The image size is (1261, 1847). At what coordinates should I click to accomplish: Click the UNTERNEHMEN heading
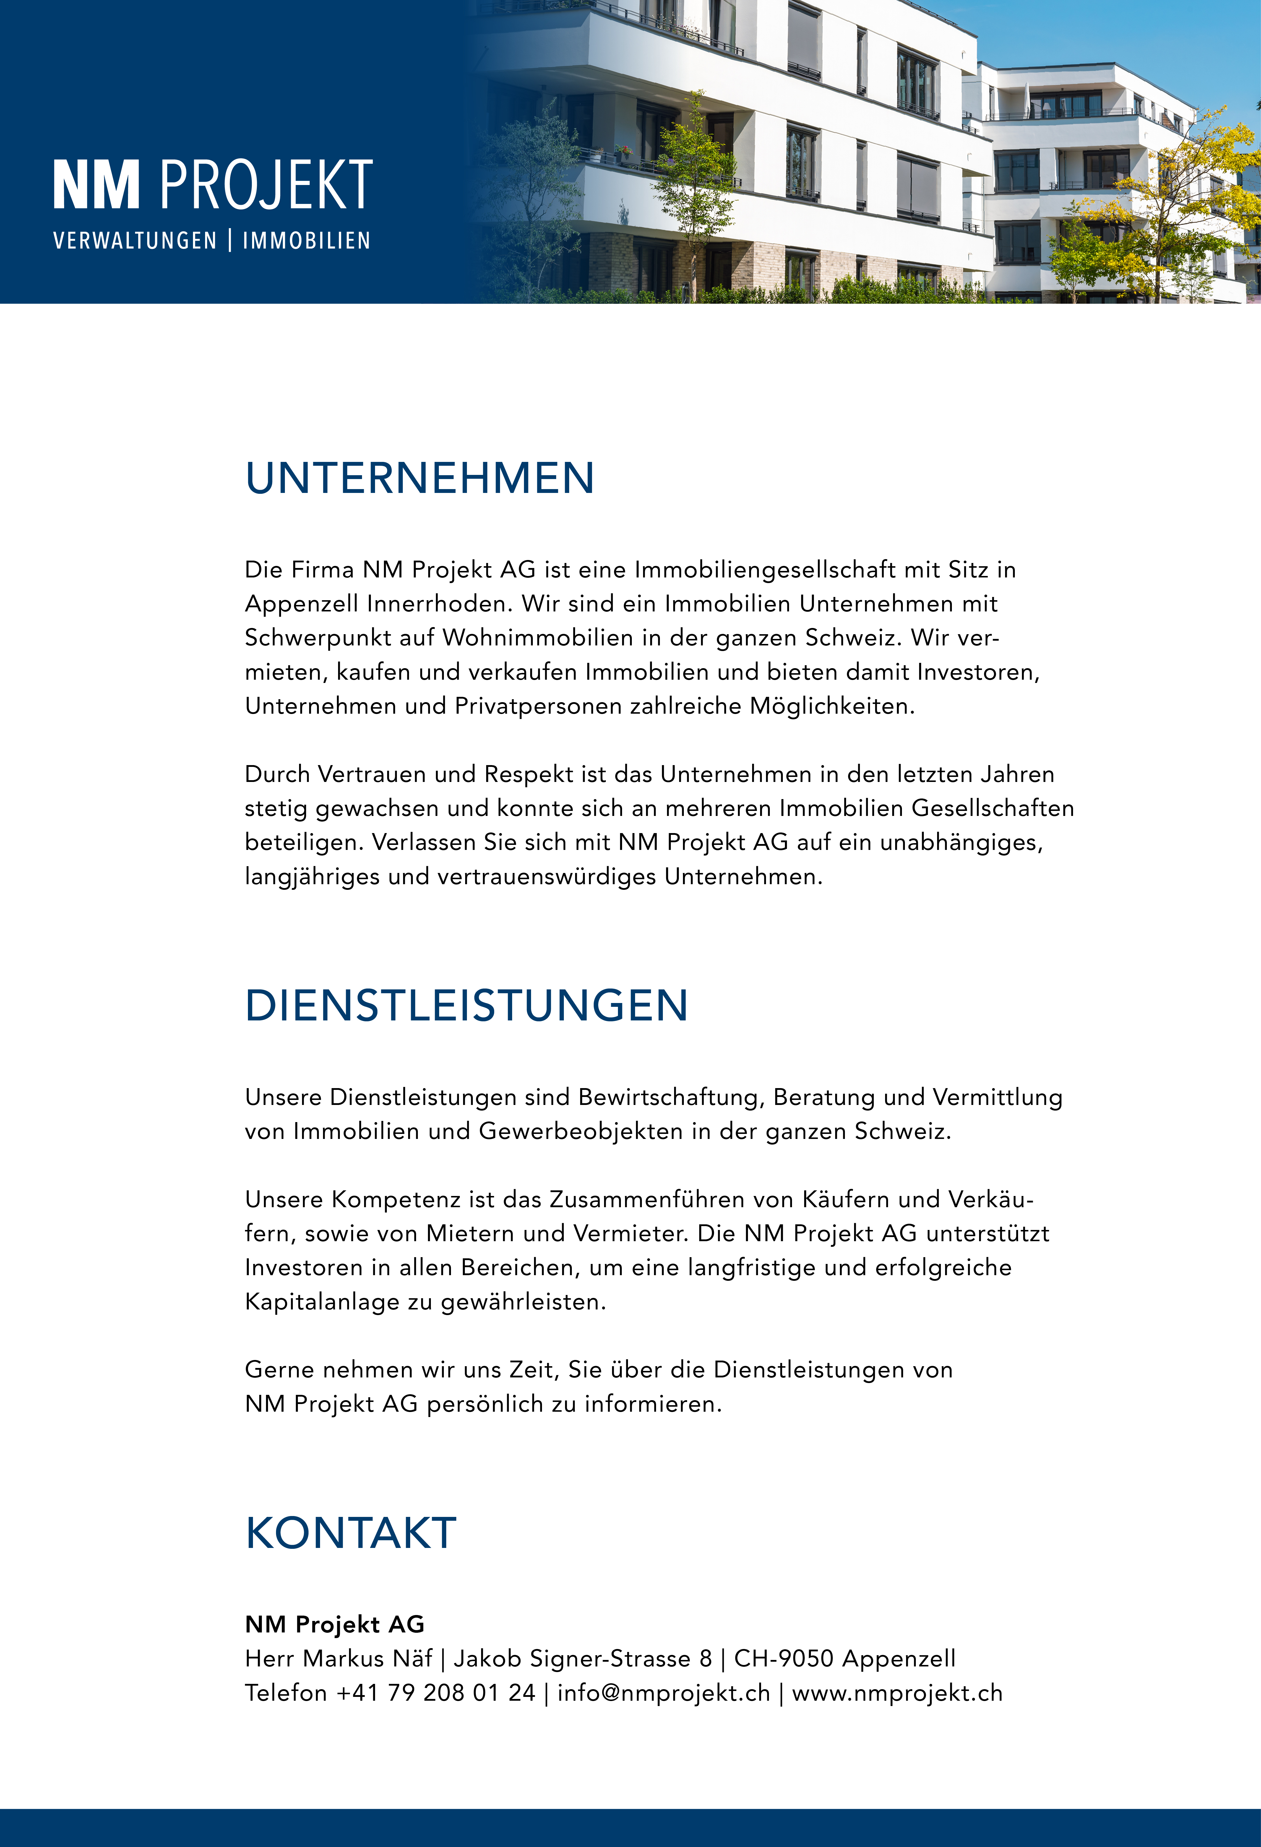click(x=420, y=478)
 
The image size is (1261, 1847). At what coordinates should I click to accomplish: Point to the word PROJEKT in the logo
click(x=266, y=185)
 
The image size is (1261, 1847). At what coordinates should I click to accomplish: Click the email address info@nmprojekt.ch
click(x=663, y=1693)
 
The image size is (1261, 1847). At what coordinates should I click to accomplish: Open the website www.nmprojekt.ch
click(x=897, y=1693)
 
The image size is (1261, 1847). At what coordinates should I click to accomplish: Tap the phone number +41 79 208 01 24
click(x=435, y=1693)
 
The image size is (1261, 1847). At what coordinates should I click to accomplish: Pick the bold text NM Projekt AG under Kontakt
click(x=335, y=1624)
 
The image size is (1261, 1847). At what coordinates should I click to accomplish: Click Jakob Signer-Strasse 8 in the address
click(x=582, y=1659)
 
